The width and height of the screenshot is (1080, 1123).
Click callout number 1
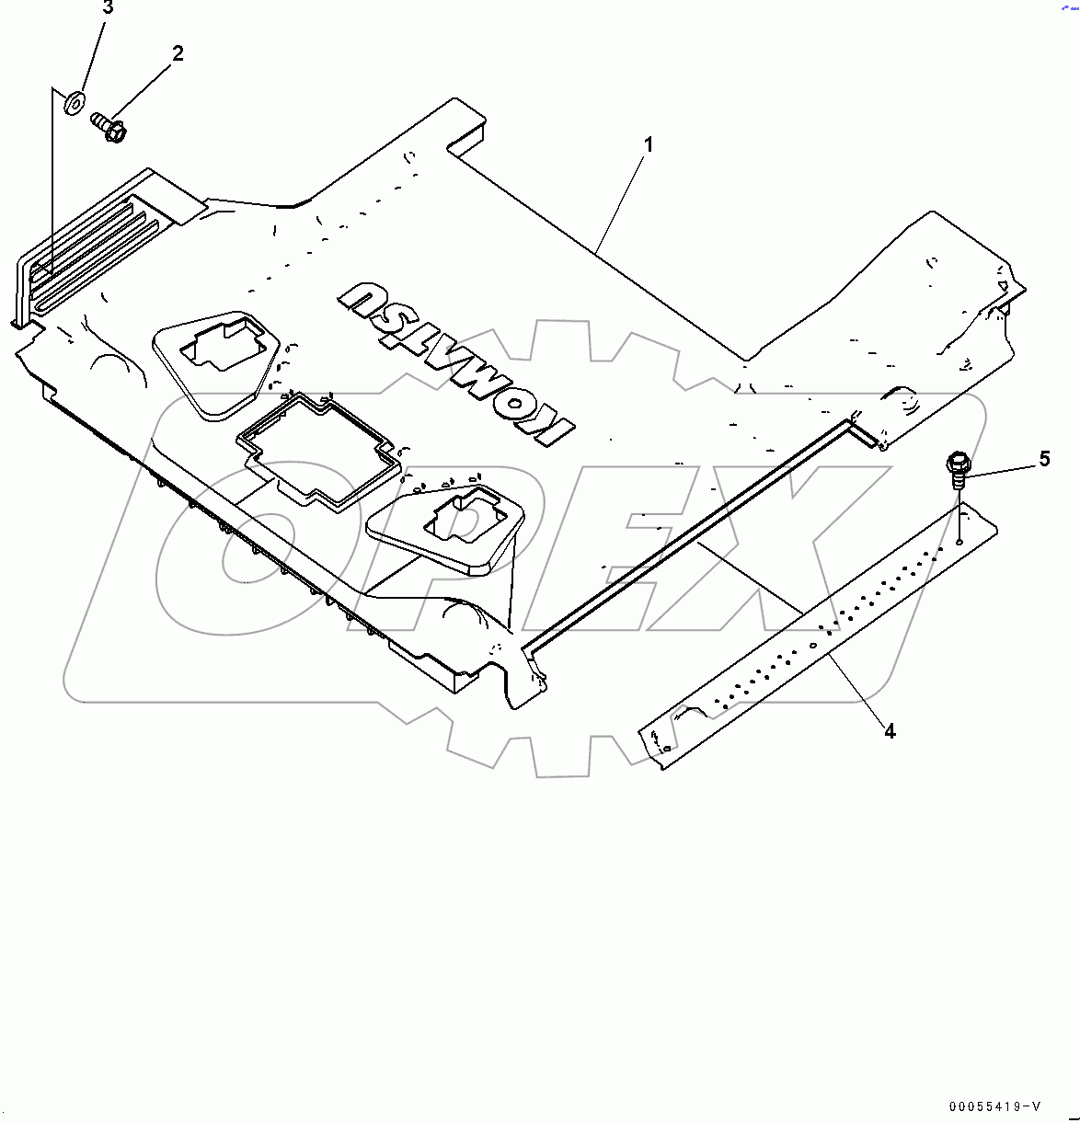649,145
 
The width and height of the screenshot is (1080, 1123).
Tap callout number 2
178,53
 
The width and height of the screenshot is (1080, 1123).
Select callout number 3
108,8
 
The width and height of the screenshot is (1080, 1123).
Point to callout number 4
890,730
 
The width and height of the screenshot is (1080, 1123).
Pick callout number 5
1044,459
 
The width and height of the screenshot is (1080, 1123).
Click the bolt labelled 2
110,129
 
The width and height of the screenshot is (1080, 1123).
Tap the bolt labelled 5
958,466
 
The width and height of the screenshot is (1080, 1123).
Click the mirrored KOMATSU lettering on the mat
455,364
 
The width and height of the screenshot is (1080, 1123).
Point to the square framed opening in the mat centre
319,448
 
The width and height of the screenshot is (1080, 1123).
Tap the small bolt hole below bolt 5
959,543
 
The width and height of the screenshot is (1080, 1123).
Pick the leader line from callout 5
1001,469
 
